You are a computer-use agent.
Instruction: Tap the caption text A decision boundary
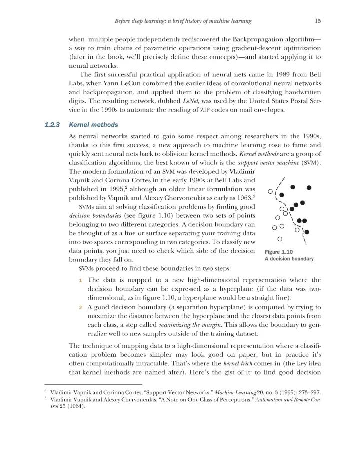coord(289,259)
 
